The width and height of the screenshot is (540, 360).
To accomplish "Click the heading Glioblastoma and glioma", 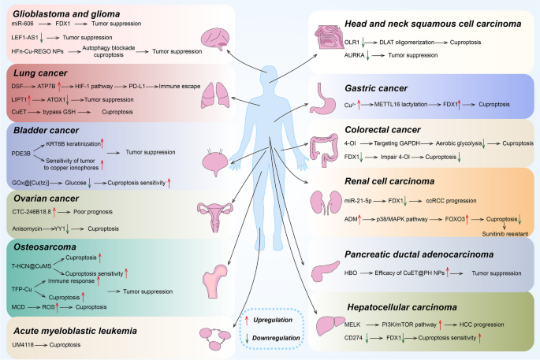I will pyautogui.click(x=70, y=13).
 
